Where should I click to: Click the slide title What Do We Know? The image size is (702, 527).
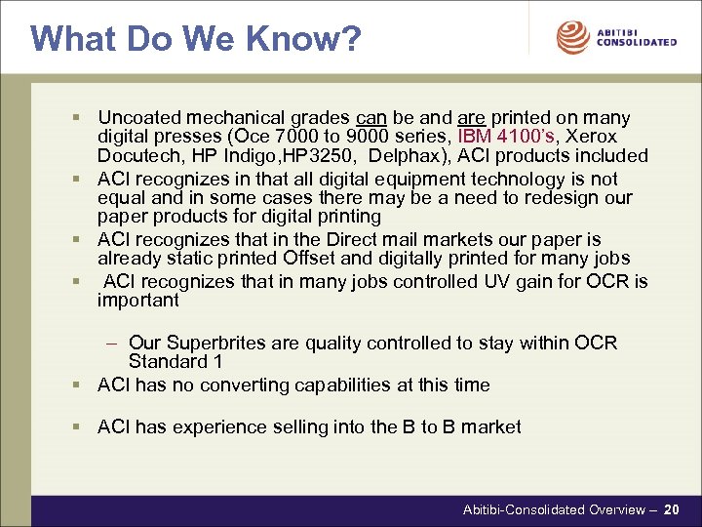pos(195,39)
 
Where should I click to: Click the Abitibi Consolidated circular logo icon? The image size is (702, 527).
pos(572,38)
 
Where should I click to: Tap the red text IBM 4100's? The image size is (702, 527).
pos(500,137)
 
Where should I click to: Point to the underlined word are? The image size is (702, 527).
pos(452,118)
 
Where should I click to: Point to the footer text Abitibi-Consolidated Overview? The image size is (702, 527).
pos(553,509)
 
